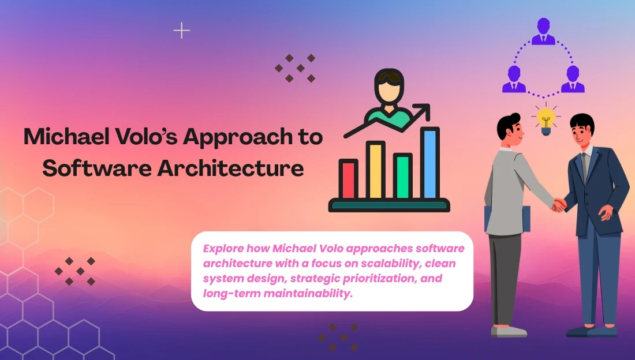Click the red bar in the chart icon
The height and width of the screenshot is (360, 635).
pyautogui.click(x=348, y=179)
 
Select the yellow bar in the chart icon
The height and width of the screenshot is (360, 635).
pyautogui.click(x=375, y=171)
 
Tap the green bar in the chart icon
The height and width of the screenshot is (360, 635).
pyautogui.click(x=402, y=177)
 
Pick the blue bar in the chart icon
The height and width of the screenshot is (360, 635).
pyautogui.click(x=430, y=163)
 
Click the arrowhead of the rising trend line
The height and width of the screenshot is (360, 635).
pyautogui.click(x=424, y=111)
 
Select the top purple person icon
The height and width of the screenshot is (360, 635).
pyautogui.click(x=543, y=31)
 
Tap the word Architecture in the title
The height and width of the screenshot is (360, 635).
pyautogui.click(x=230, y=168)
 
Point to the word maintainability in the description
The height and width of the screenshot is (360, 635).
pyautogui.click(x=308, y=293)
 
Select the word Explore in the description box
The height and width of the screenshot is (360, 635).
pyautogui.click(x=223, y=249)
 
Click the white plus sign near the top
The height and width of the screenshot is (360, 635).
pyautogui.click(x=181, y=31)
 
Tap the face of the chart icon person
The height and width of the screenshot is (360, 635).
pyautogui.click(x=389, y=92)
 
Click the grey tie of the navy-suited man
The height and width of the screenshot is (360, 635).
pyautogui.click(x=584, y=168)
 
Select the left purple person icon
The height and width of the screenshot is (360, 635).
pyautogui.click(x=514, y=79)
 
